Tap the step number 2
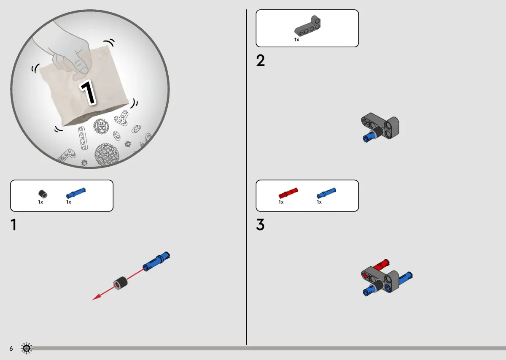pyautogui.click(x=260, y=60)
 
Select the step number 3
pyautogui.click(x=260, y=225)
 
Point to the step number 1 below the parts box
pyautogui.click(x=14, y=225)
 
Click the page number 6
pyautogui.click(x=11, y=349)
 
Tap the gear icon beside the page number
pyautogui.click(x=27, y=348)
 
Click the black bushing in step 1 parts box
pyautogui.click(x=43, y=194)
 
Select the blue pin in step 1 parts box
pyautogui.click(x=75, y=193)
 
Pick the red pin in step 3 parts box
pyautogui.click(x=288, y=193)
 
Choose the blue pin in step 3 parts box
pyautogui.click(x=326, y=193)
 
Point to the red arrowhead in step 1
pyautogui.click(x=97, y=297)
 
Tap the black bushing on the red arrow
pyautogui.click(x=120, y=283)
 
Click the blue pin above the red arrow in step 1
pyautogui.click(x=156, y=261)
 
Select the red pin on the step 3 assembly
pyautogui.click(x=381, y=265)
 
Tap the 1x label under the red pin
pyautogui.click(x=281, y=202)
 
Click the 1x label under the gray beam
pyautogui.click(x=296, y=40)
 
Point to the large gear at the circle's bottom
pyautogui.click(x=107, y=154)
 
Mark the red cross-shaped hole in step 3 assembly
pyautogui.click(x=364, y=275)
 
